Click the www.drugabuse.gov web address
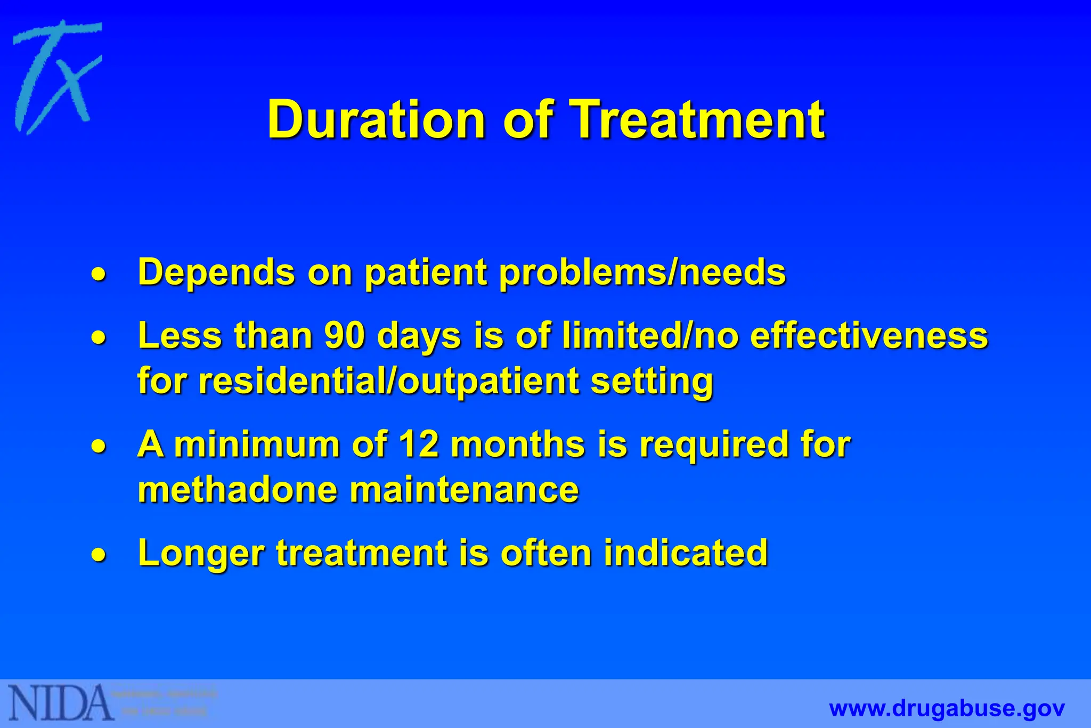pos(947,709)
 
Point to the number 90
pos(345,336)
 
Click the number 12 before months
pos(419,444)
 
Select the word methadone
pos(238,489)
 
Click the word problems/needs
pos(642,273)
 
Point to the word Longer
pos(201,553)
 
